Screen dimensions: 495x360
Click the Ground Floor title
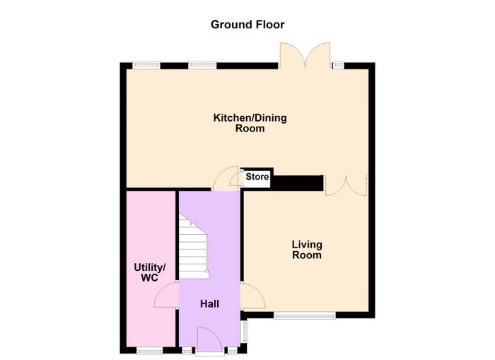248,25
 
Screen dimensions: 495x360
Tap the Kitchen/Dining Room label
250,123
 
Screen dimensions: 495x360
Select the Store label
257,177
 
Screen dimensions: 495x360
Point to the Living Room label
307,250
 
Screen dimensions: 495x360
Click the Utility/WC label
150,272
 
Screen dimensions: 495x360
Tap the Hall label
209,304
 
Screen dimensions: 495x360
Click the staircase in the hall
194,245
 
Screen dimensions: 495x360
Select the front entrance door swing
209,339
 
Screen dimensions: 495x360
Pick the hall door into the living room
252,296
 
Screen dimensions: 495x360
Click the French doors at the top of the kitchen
305,54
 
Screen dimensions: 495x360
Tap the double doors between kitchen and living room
346,186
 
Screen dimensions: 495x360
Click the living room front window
305,315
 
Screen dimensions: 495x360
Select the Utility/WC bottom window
150,350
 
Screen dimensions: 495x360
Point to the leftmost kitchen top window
146,65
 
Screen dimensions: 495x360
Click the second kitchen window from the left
203,65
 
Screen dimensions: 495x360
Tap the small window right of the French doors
339,65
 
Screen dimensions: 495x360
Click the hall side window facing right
245,331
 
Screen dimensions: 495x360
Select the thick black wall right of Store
297,183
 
